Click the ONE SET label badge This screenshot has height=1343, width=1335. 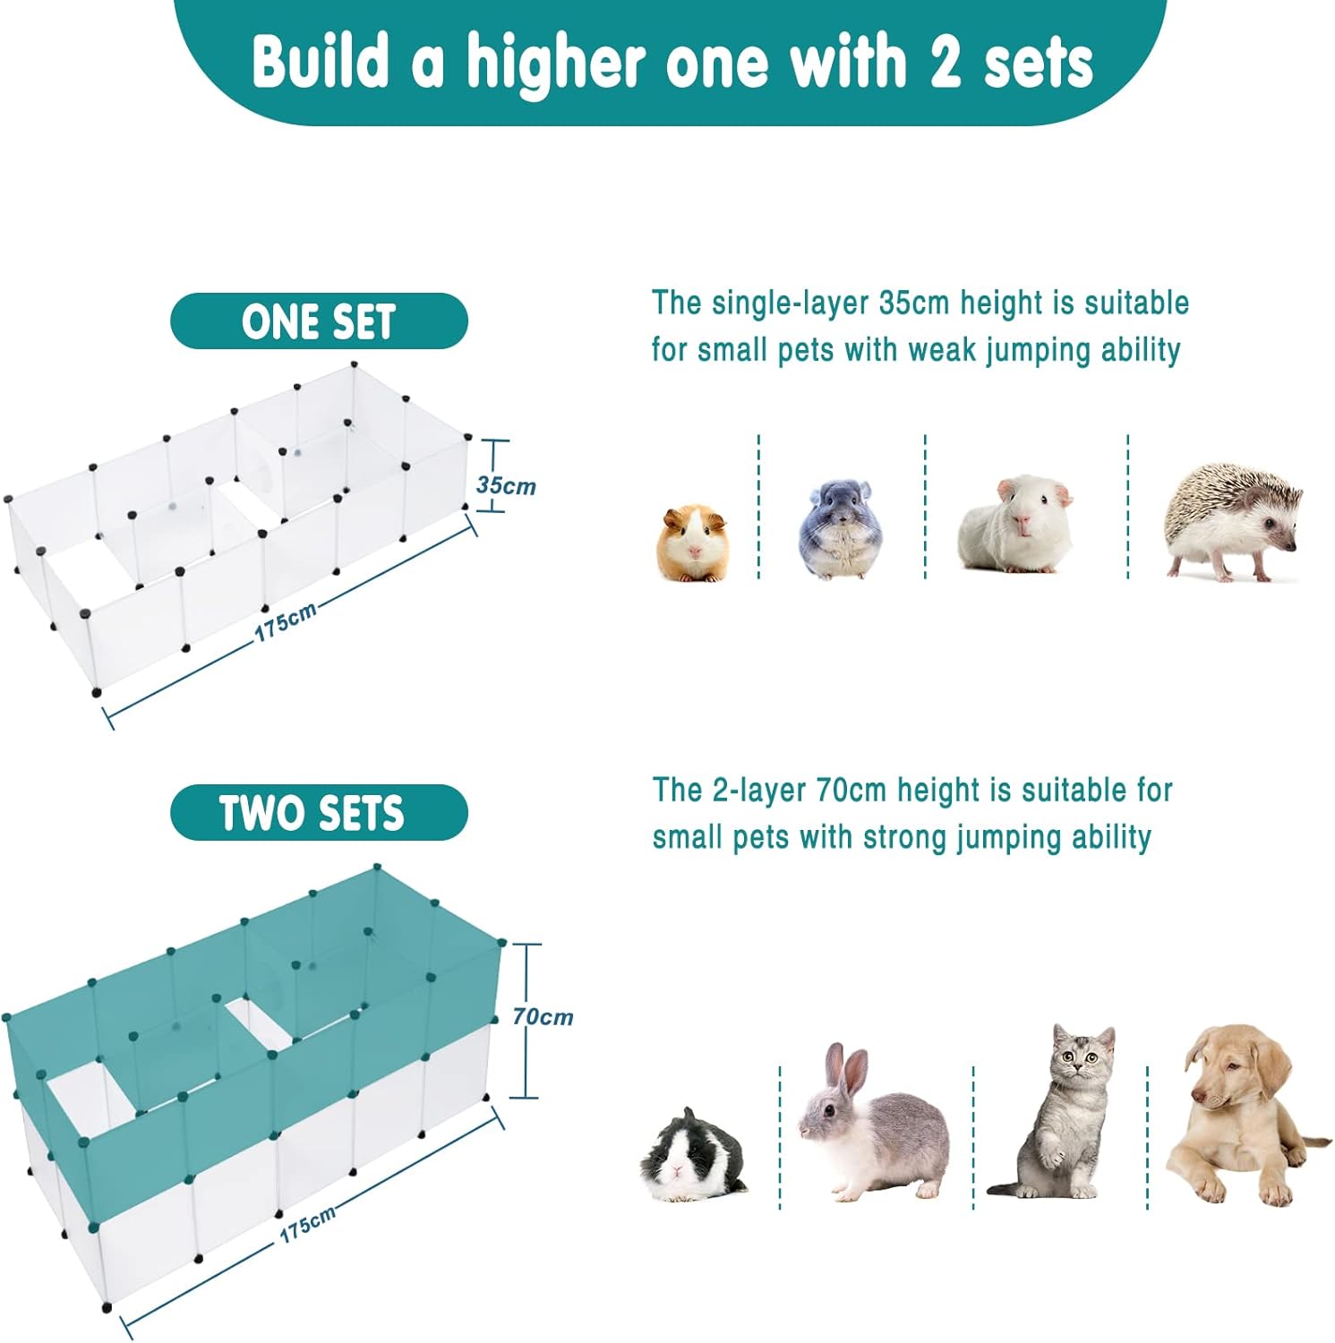pyautogui.click(x=319, y=321)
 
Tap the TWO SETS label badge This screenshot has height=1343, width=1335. pyautogui.click(x=319, y=812)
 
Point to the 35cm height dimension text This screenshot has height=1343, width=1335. pyautogui.click(x=506, y=485)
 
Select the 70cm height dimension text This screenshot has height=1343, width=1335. pyautogui.click(x=543, y=1016)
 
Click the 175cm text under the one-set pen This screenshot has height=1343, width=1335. pyautogui.click(x=286, y=620)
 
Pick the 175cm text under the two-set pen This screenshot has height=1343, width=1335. pyautogui.click(x=308, y=1223)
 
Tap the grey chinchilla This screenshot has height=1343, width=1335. pyautogui.click(x=840, y=529)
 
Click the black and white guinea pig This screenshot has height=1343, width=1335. pyautogui.click(x=691, y=1155)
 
